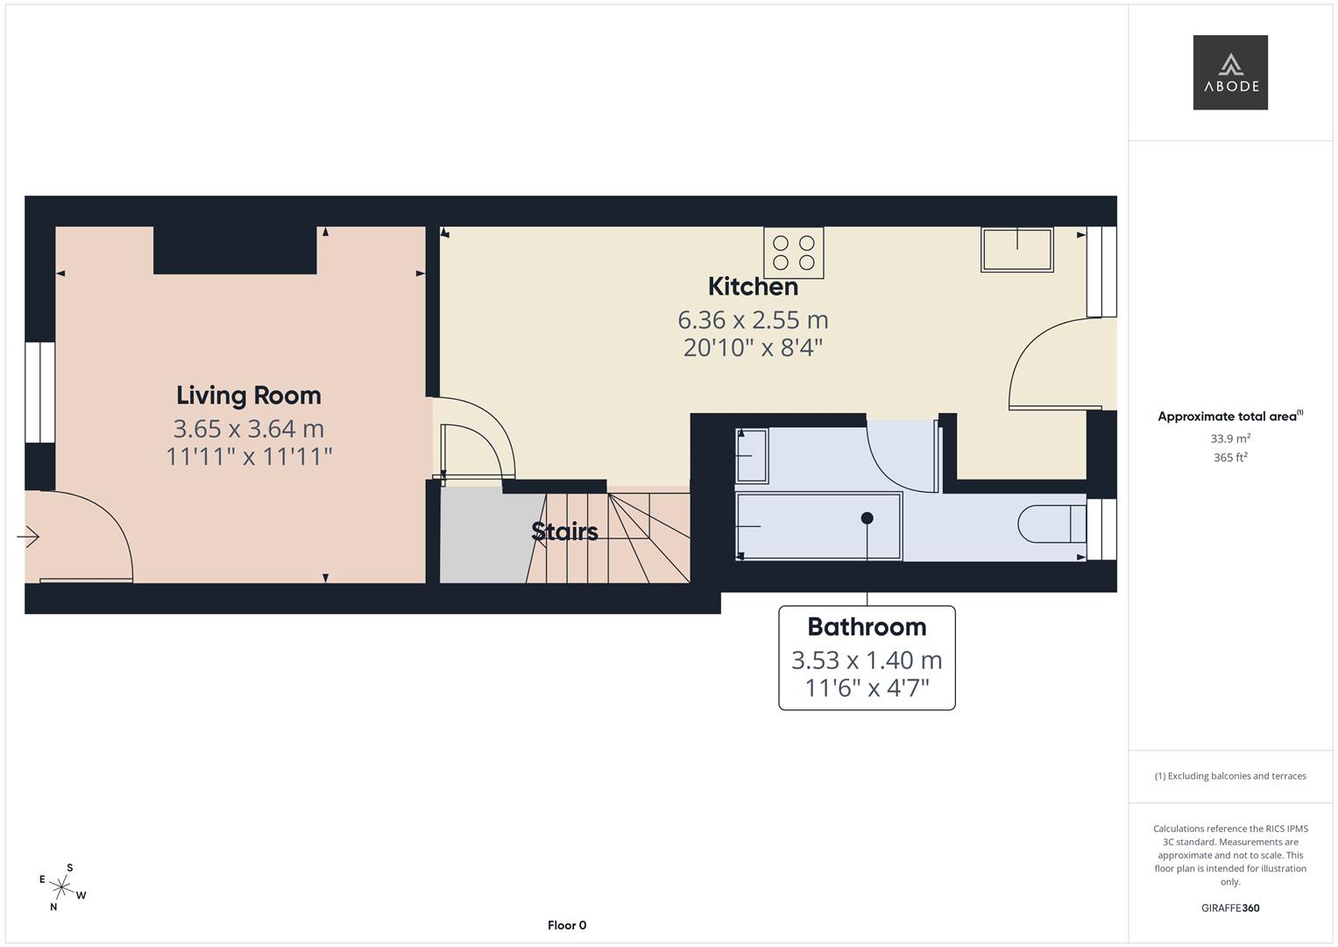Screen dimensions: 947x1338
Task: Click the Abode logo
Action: coord(1229,72)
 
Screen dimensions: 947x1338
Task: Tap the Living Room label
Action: coord(249,395)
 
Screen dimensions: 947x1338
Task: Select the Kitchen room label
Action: coord(753,287)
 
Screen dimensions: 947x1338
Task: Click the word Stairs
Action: coord(565,531)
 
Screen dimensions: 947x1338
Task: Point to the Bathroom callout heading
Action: coord(867,627)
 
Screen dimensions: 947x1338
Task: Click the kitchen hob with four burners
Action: coord(794,253)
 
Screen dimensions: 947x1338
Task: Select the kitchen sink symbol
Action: coord(1017,249)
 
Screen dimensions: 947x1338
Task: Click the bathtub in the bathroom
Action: coord(818,526)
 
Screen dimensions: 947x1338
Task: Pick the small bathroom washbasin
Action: coord(752,455)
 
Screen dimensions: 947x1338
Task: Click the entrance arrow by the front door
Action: coord(28,536)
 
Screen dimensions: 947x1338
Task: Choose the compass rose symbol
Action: coord(62,887)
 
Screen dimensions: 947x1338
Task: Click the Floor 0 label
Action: coord(567,925)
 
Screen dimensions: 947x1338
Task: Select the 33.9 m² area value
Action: coord(1230,438)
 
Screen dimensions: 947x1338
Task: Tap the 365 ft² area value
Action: coord(1230,458)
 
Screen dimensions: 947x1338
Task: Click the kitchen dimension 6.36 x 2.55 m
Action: coord(753,320)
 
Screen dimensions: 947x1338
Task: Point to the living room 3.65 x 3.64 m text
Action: coord(249,429)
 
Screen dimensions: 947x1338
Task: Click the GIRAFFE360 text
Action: coord(1230,908)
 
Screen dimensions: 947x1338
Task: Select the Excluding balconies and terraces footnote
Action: coord(1230,776)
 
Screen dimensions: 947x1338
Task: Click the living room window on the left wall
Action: coord(39,392)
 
